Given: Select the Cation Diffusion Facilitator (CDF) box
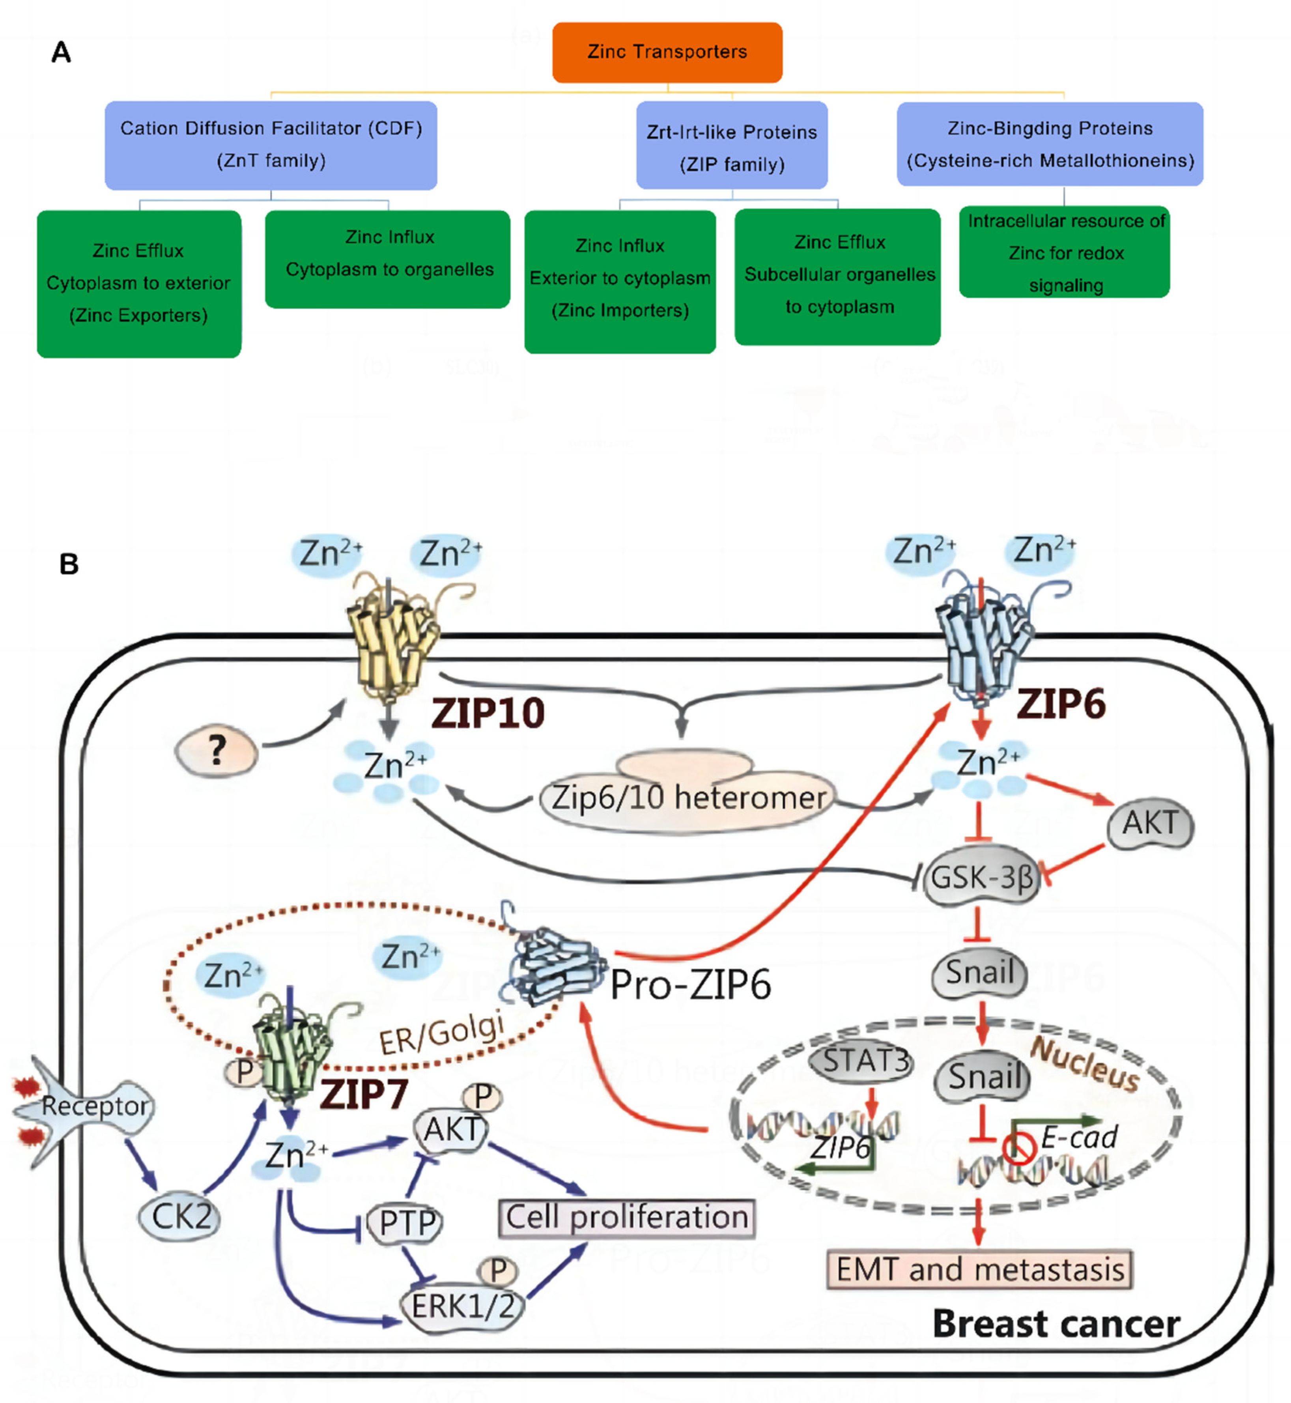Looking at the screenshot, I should pos(271,145).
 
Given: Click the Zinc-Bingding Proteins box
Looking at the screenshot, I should pos(1049,144).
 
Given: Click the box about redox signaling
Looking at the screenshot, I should pos(1063,252).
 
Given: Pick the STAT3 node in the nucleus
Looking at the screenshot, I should pos(865,1061).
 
